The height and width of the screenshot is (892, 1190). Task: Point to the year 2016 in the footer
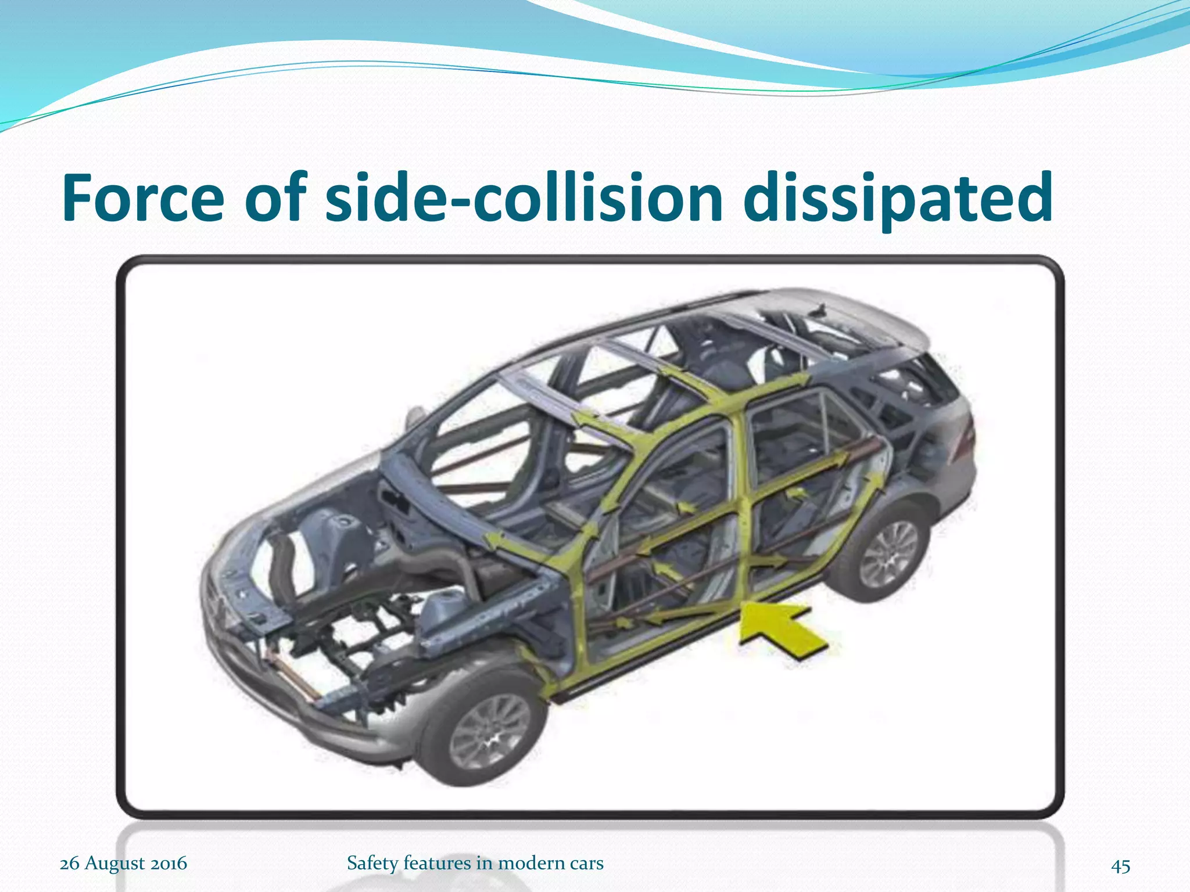point(169,863)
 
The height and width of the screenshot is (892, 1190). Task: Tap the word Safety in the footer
point(372,863)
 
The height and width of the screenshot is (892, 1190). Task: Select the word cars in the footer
point(586,863)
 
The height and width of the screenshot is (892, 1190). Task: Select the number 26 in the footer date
point(69,863)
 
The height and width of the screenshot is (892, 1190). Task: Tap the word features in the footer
point(438,863)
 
